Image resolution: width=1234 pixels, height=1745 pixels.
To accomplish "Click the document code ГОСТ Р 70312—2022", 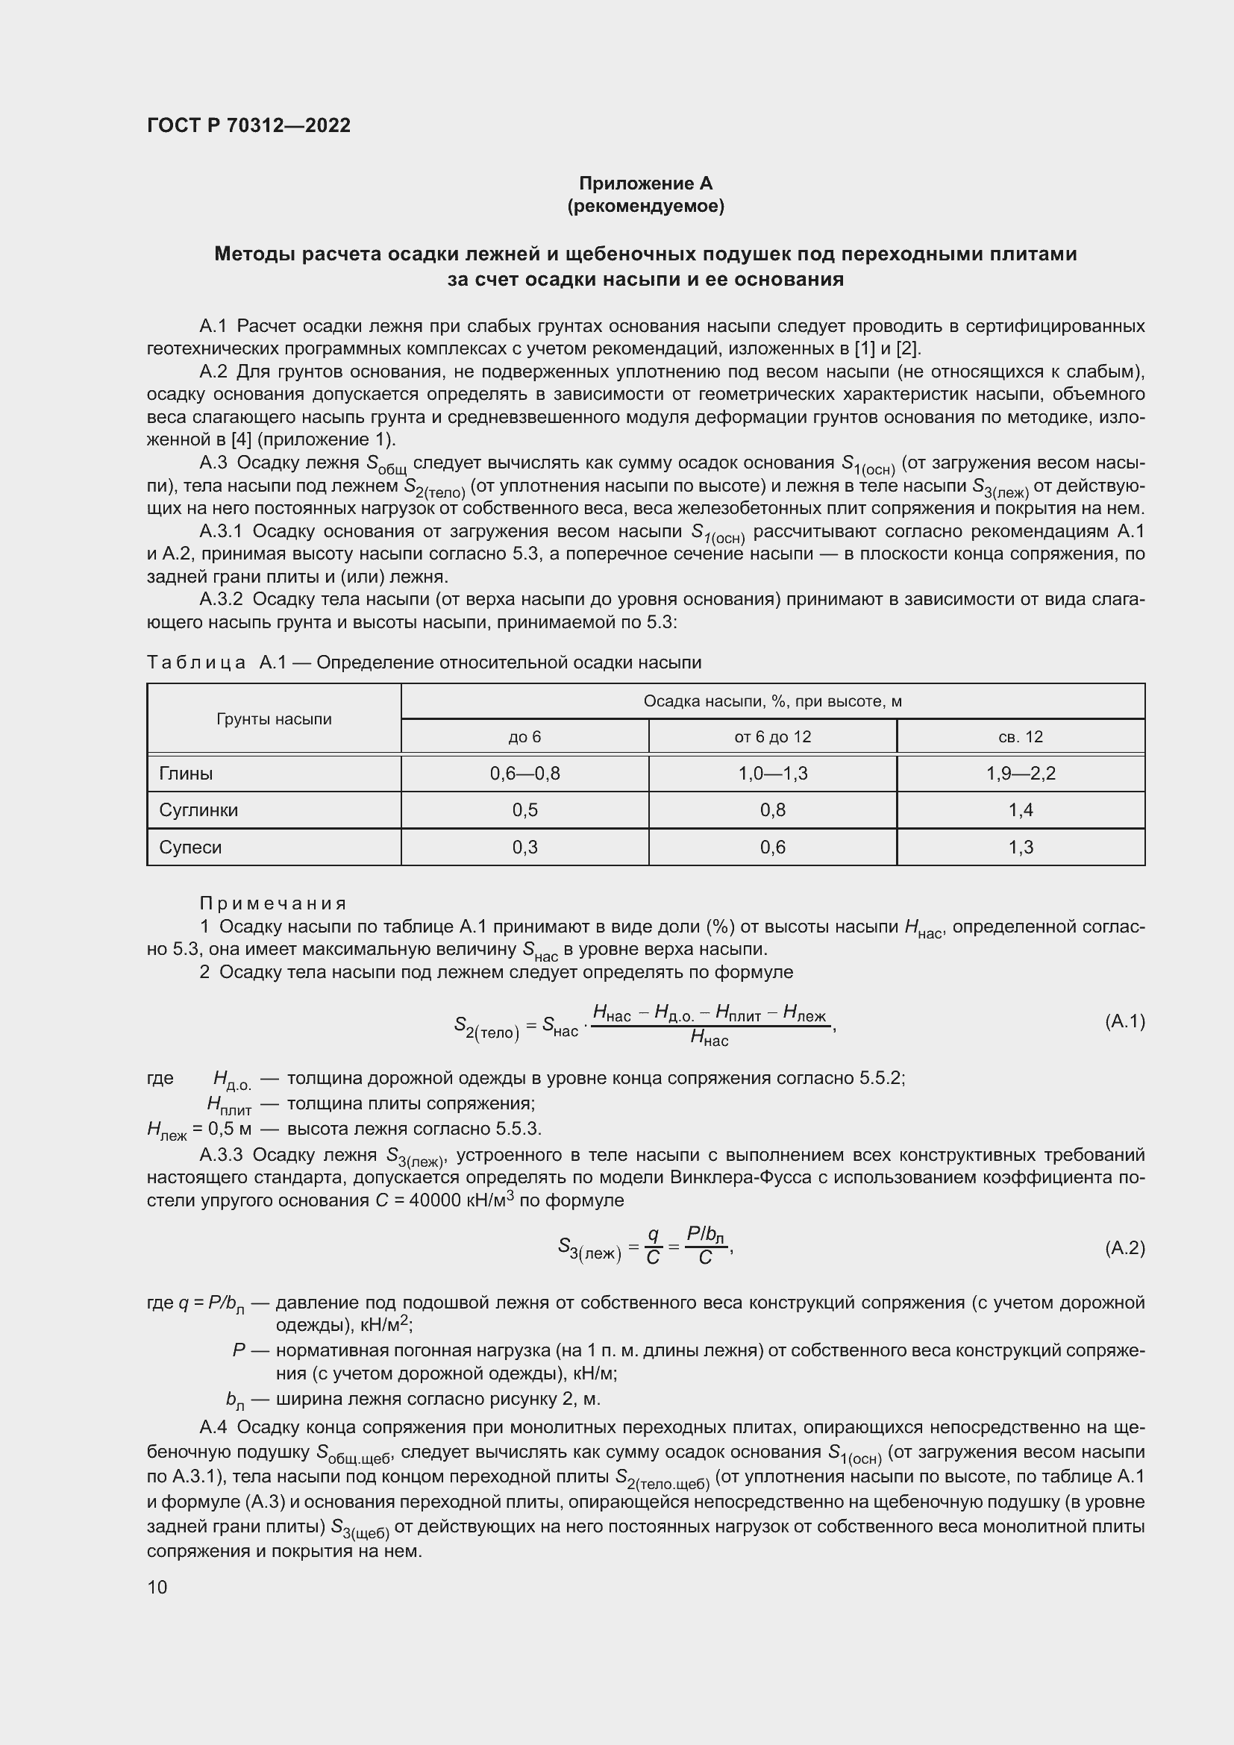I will click(x=248, y=125).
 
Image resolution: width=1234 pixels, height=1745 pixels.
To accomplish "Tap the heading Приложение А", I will click(x=645, y=184).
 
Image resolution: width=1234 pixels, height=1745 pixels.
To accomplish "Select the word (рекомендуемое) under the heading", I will click(x=645, y=206).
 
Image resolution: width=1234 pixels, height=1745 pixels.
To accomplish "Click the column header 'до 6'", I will click(x=524, y=736).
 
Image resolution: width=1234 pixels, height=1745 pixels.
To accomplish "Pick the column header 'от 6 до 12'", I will click(x=772, y=736).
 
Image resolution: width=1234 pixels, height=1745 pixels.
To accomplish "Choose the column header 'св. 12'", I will click(x=1020, y=736).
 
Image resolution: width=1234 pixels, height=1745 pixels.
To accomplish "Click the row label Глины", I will click(x=186, y=774).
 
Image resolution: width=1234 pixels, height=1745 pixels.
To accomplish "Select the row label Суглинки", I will click(x=198, y=810).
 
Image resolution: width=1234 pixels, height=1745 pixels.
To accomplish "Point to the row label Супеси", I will click(x=190, y=848).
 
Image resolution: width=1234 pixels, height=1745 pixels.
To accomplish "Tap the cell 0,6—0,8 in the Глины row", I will click(x=524, y=774).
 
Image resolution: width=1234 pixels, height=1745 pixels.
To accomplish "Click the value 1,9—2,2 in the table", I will click(x=1020, y=774).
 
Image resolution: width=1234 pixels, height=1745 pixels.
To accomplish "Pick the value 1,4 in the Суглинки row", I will click(x=1020, y=810).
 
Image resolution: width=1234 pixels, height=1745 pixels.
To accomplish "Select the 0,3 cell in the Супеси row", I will click(x=524, y=848).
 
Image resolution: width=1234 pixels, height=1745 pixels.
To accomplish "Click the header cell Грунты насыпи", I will click(x=274, y=719).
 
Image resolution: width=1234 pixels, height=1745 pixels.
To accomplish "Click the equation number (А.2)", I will click(x=1124, y=1248).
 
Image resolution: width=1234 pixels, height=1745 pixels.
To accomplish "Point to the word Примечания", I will click(x=273, y=903).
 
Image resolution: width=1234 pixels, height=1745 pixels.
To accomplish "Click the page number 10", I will click(x=157, y=1587).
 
